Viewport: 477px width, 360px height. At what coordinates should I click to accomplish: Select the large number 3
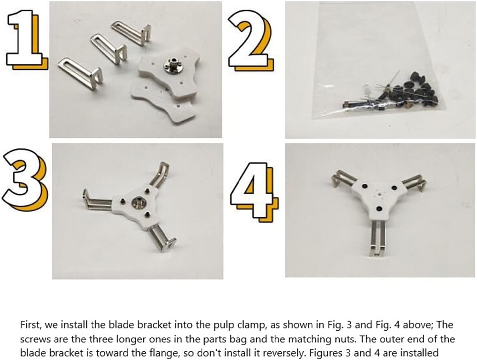click(x=25, y=180)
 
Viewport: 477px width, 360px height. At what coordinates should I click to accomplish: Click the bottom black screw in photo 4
click(x=379, y=208)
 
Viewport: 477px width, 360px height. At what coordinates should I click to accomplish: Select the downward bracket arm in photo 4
click(x=376, y=238)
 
